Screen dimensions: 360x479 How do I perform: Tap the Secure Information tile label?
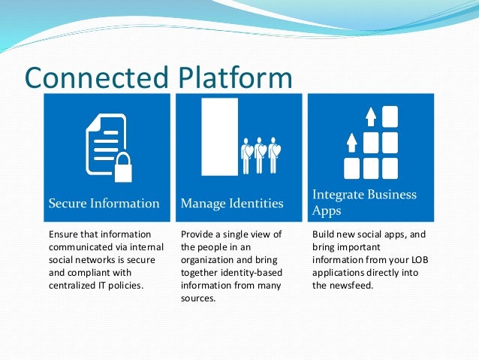pos(104,203)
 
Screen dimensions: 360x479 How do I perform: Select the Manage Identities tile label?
pos(232,203)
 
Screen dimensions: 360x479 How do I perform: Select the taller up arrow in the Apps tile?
pos(369,116)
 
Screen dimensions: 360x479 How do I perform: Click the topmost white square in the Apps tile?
pos(389,116)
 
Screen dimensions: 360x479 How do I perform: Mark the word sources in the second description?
pos(198,298)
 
